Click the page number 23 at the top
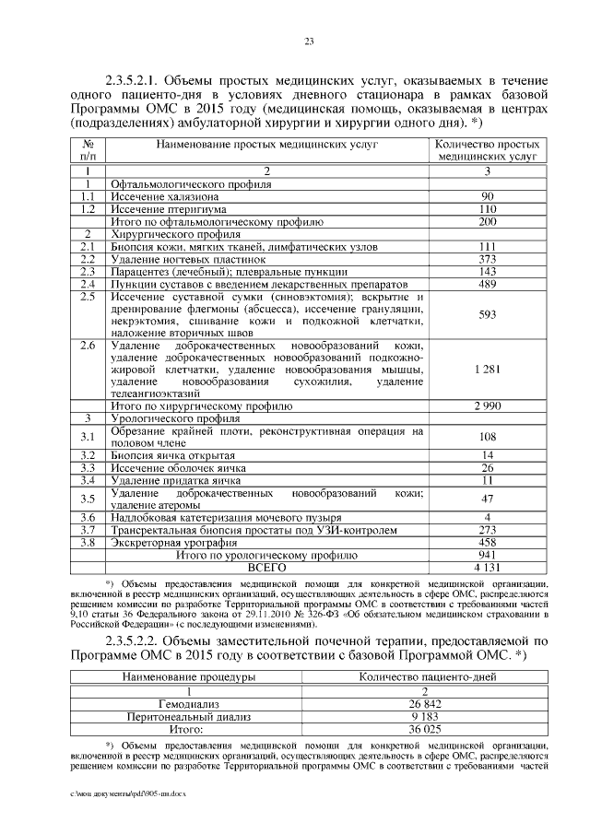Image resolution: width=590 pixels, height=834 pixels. (x=310, y=40)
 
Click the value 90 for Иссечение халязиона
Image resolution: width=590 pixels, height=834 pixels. (x=488, y=196)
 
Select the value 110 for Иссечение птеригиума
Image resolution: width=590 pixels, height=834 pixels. (x=488, y=209)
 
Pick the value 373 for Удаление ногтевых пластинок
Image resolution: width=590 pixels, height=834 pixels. (x=488, y=260)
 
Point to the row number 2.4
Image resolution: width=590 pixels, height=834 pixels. (x=88, y=285)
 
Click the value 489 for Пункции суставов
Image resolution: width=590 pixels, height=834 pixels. (x=488, y=285)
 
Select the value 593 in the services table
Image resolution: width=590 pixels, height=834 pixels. (x=488, y=315)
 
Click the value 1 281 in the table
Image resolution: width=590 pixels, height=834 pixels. (x=488, y=369)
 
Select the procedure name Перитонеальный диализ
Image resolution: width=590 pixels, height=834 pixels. (x=189, y=715)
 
